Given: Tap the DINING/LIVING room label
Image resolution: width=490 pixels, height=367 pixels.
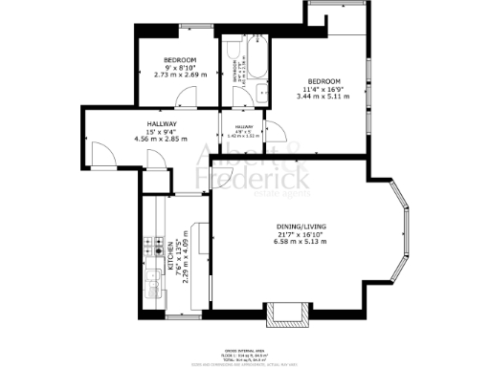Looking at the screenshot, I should [286, 226].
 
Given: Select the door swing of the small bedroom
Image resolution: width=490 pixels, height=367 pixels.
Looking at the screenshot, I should [189, 97].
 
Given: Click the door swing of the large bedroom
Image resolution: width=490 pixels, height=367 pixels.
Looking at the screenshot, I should [272, 131].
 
